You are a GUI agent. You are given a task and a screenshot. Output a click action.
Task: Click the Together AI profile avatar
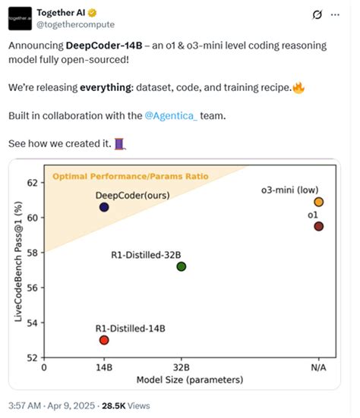(21, 17)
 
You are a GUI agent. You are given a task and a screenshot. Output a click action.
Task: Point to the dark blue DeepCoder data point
(104, 207)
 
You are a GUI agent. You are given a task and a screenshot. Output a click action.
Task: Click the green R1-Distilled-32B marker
(181, 266)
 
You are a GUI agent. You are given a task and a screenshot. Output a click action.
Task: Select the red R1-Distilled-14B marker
(104, 340)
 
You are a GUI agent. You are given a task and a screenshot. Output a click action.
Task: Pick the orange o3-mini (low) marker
(318, 202)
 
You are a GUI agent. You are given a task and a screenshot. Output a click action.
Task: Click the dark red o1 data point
(318, 226)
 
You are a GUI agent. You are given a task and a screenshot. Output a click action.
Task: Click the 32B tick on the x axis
(181, 367)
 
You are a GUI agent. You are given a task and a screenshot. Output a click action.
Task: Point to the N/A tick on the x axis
(318, 367)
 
